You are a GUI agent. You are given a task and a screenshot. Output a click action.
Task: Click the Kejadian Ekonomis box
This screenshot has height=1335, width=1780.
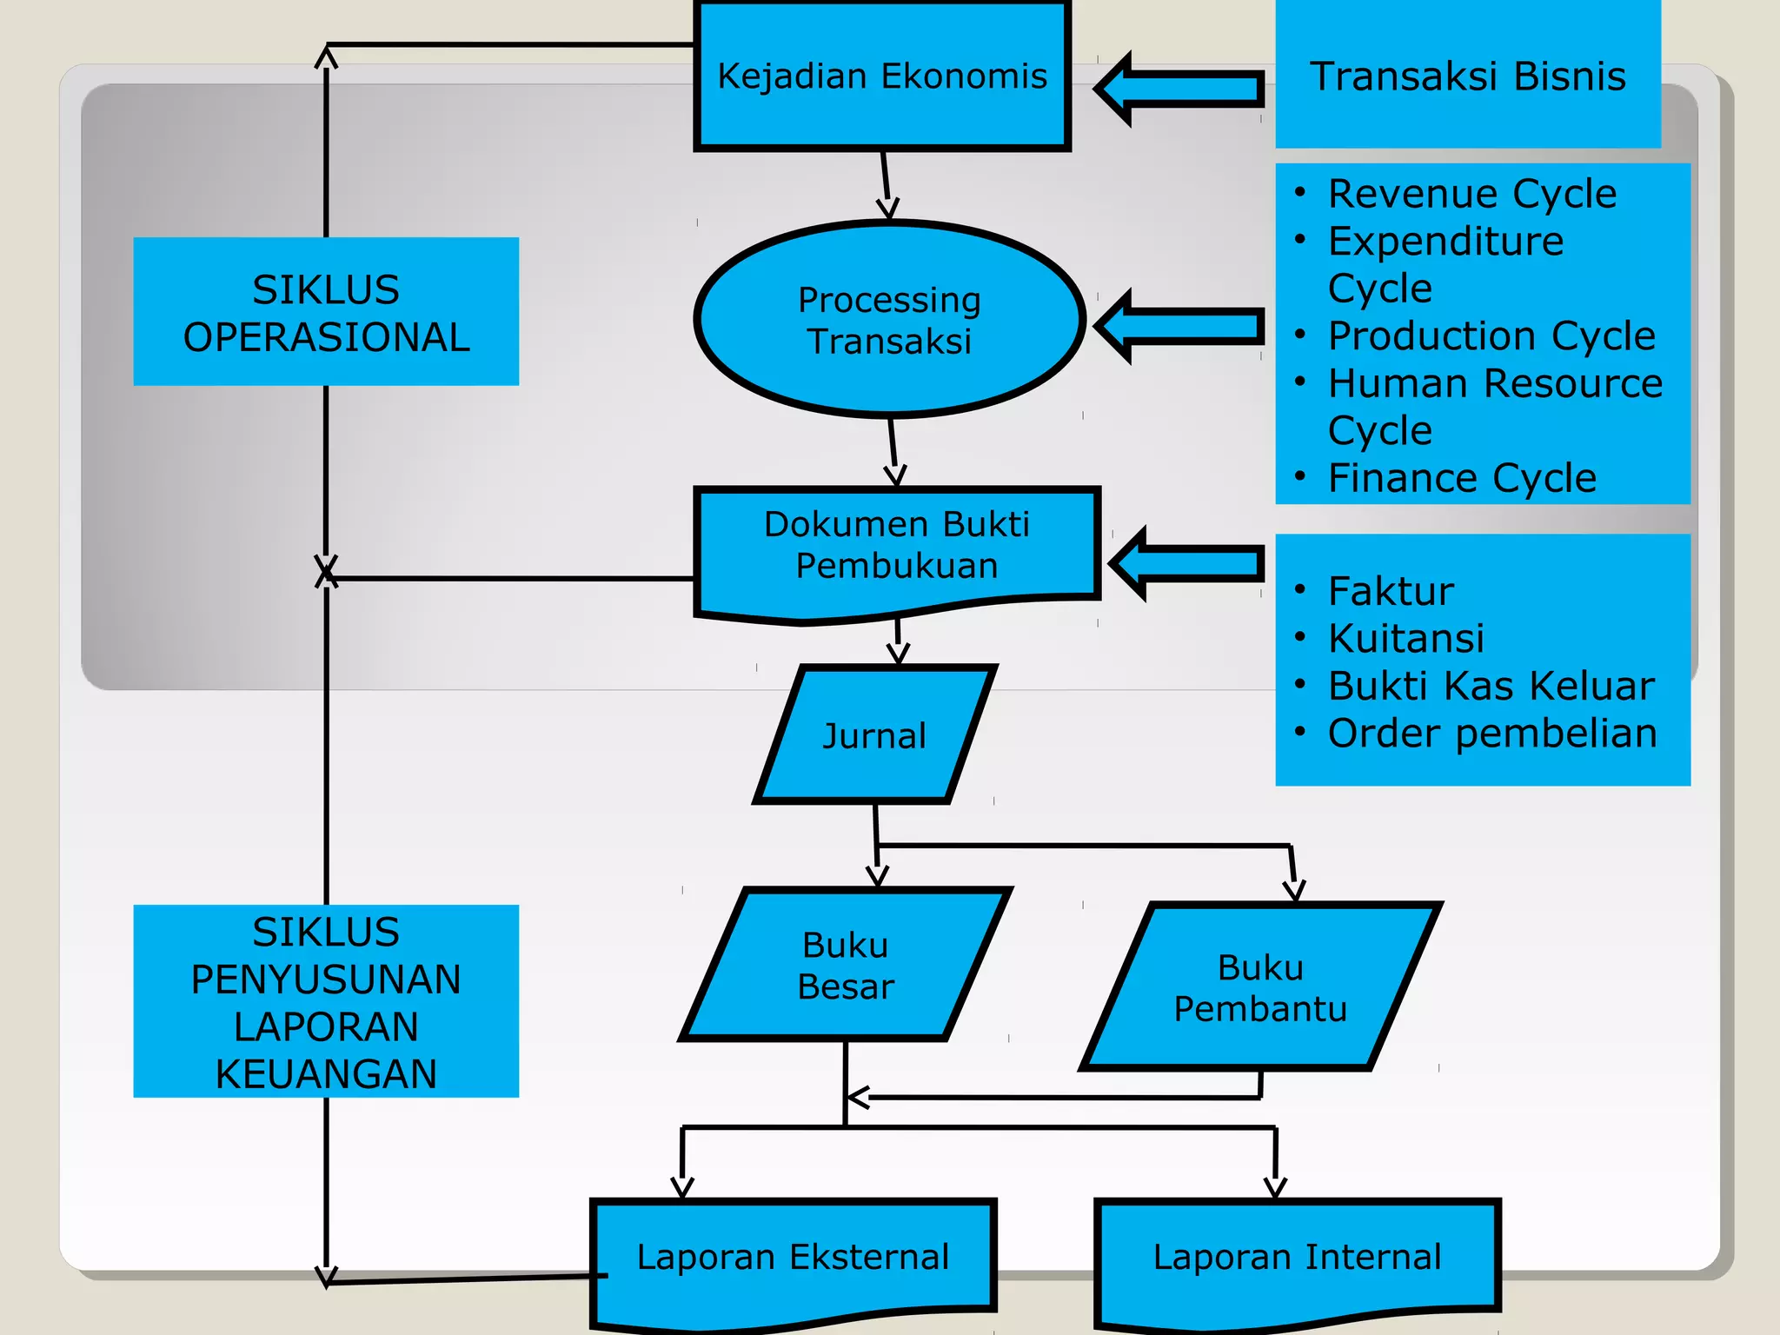point(881,76)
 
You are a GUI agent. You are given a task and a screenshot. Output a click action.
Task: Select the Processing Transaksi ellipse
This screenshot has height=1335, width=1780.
point(889,320)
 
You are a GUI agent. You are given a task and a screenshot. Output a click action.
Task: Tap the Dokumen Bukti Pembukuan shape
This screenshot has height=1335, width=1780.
point(896,546)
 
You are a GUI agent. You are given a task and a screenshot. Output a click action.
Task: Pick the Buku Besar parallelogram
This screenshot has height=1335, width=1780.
point(845,965)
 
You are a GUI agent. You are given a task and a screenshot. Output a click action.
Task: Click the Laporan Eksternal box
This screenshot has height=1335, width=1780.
point(793,1258)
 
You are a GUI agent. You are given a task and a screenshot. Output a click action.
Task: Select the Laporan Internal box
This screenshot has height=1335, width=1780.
point(1297,1258)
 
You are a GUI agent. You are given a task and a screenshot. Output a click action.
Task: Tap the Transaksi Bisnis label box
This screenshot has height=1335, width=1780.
point(1467,76)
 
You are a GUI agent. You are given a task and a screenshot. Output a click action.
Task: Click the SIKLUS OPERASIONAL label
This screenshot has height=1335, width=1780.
point(326,312)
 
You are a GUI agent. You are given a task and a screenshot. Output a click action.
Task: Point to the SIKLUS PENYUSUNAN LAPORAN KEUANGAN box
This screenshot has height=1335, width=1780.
point(326,1001)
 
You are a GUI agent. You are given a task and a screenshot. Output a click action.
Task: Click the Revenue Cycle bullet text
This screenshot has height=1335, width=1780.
point(1471,194)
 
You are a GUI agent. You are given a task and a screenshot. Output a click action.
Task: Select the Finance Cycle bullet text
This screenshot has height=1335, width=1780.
point(1462,478)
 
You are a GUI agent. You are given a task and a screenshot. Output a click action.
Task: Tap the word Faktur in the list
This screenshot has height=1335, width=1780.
point(1391,592)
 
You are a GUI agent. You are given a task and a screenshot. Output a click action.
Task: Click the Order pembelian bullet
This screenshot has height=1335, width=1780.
point(1491,734)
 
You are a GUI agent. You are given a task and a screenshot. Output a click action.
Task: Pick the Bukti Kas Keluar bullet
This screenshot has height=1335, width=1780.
point(1490,686)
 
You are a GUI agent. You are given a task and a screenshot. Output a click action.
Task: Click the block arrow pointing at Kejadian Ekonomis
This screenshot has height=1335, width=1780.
point(1179,89)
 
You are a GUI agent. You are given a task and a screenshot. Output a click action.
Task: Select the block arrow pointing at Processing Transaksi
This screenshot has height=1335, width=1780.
point(1179,326)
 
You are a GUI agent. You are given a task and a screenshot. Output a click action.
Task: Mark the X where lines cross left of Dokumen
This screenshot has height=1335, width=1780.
point(326,572)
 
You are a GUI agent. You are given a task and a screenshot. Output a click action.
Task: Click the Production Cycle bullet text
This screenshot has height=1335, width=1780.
point(1491,335)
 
